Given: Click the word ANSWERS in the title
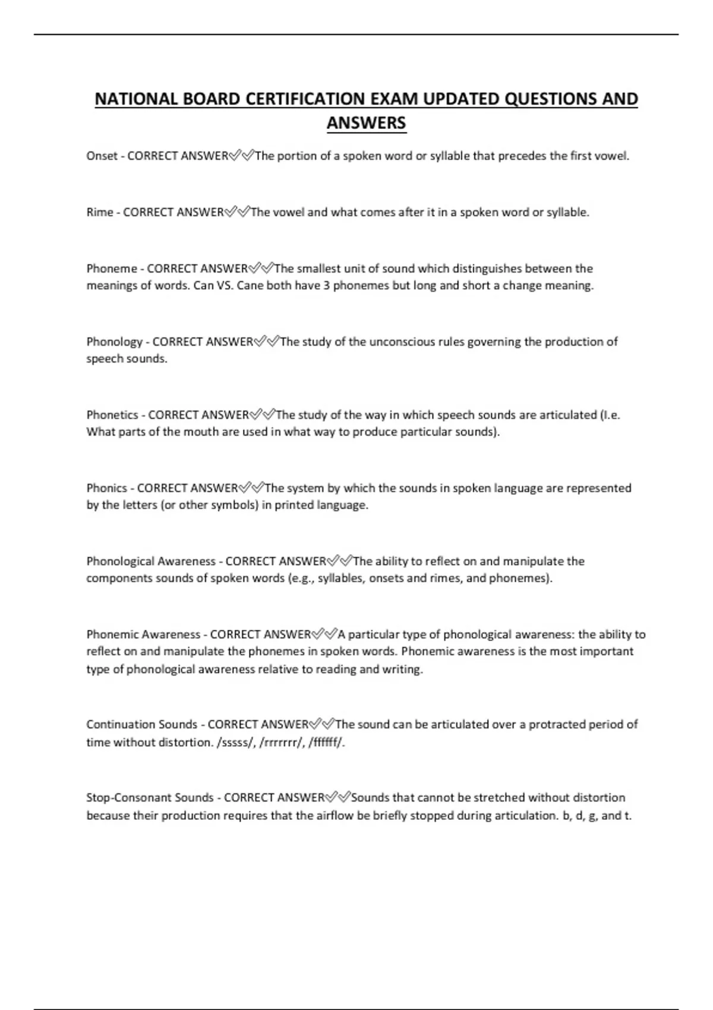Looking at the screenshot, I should coord(366,123).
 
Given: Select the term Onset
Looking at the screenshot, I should coord(102,156).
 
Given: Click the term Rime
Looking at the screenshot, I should coord(99,213).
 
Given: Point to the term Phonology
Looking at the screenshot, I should coord(114,342).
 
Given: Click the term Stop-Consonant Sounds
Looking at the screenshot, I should coord(150,798).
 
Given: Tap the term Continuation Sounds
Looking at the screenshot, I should coord(141,725).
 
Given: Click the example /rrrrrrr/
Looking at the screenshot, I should coord(281,743).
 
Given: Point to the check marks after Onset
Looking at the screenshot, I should coord(241,156).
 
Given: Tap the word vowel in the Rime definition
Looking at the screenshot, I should coord(288,213).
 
